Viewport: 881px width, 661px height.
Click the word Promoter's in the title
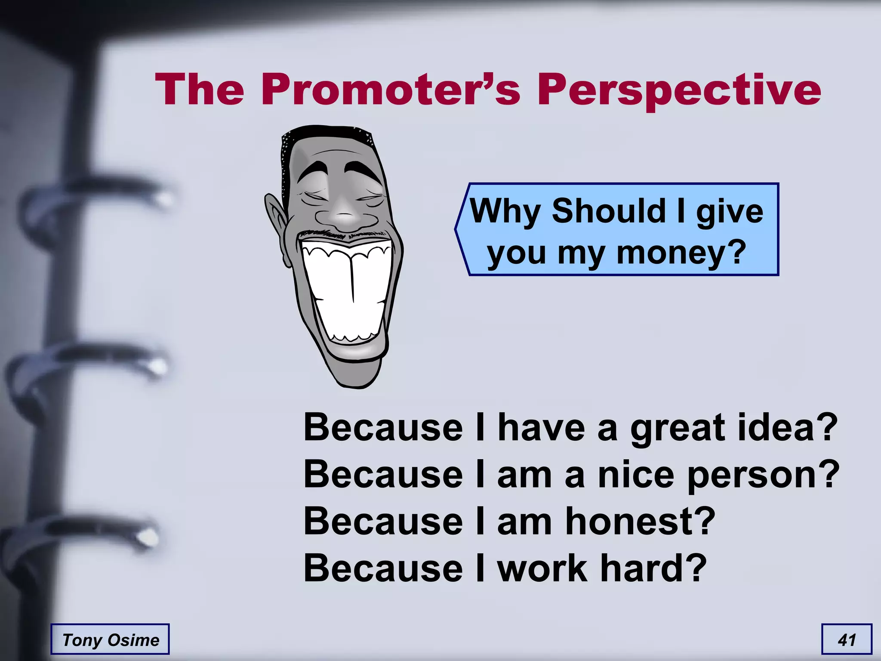[x=391, y=90]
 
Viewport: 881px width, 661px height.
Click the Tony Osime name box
[x=110, y=639]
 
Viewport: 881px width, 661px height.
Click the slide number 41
[x=846, y=639]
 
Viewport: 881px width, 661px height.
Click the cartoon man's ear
[x=275, y=224]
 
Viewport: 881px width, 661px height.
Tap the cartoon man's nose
[x=344, y=215]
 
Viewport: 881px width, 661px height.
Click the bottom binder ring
[x=86, y=534]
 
